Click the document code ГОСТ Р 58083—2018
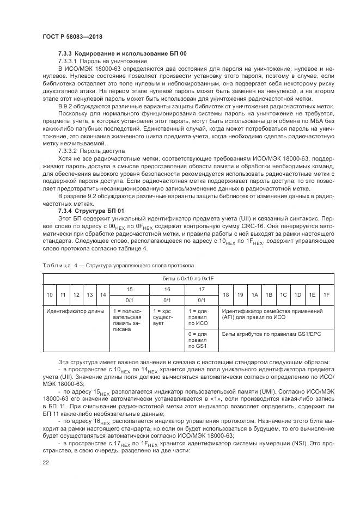72,36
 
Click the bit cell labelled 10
49,295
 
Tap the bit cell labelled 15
129,290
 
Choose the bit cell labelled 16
167,290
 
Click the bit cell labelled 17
201,290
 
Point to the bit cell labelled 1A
254,295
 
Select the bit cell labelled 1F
326,295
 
